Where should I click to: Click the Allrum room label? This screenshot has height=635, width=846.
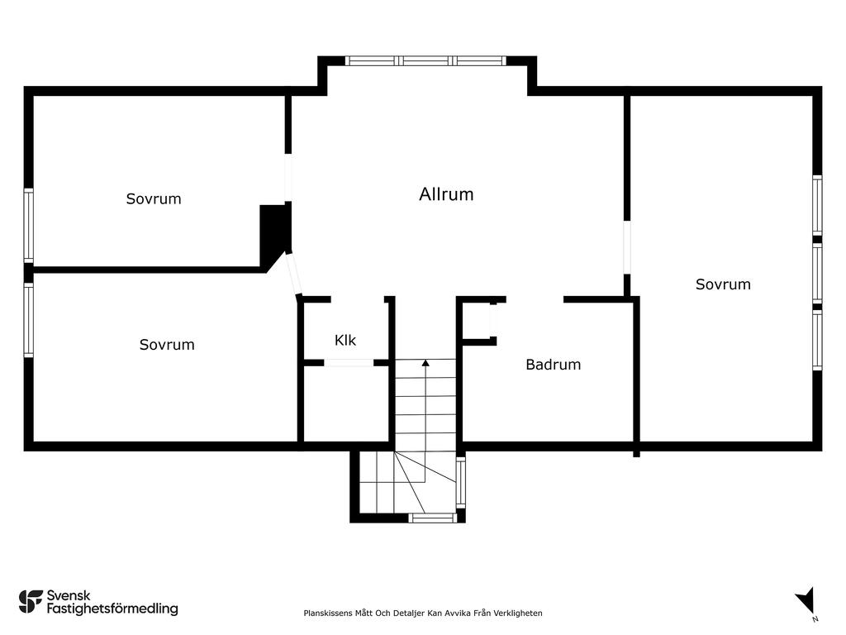446,194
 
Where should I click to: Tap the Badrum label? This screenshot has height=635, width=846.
553,365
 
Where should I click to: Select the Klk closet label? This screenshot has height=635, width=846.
345,340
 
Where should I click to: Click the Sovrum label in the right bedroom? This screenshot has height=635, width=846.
723,284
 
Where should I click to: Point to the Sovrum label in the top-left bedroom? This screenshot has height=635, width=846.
154,198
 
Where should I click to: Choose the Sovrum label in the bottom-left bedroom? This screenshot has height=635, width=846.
167,345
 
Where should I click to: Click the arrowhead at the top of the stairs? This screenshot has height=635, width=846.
425,363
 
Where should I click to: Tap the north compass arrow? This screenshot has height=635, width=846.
806,600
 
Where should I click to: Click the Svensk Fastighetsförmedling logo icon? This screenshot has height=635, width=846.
31,602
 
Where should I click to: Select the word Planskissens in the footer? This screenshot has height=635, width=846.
327,613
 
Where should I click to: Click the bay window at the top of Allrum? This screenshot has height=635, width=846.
425,60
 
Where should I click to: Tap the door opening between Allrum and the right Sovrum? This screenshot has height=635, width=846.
627,247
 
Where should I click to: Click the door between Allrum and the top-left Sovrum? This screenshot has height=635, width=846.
288,178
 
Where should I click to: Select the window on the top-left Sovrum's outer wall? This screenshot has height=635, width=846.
29,226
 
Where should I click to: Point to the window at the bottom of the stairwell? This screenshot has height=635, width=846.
432,518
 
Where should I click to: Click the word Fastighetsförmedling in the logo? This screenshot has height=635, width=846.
112,609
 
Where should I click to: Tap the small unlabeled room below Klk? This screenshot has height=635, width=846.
346,403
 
